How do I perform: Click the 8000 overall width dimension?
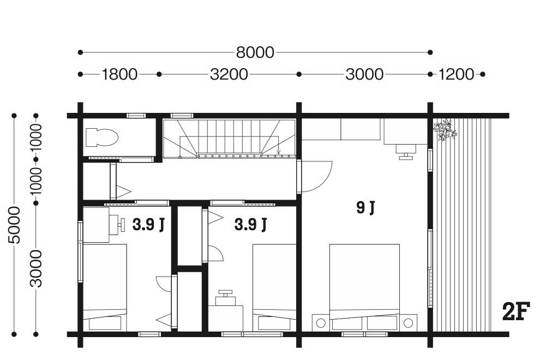click(255, 52)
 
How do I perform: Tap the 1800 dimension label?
click(119, 74)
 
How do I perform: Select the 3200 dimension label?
click(229, 74)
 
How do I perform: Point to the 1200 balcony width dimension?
click(456, 74)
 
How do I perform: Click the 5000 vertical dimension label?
click(15, 225)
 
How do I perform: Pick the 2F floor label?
click(515, 311)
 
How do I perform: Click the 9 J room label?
click(365, 208)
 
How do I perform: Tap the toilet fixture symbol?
click(101, 137)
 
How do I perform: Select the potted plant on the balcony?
click(445, 129)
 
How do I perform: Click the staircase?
click(229, 139)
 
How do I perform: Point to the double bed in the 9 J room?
click(364, 287)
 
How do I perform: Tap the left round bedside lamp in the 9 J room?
click(321, 323)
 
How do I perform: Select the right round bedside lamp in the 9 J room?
click(408, 323)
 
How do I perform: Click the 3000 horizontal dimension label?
click(364, 74)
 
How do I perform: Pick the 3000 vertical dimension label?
click(36, 269)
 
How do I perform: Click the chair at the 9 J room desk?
click(406, 152)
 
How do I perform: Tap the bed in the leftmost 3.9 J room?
click(105, 287)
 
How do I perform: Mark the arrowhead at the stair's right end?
click(278, 152)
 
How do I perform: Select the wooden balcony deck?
click(461, 225)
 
